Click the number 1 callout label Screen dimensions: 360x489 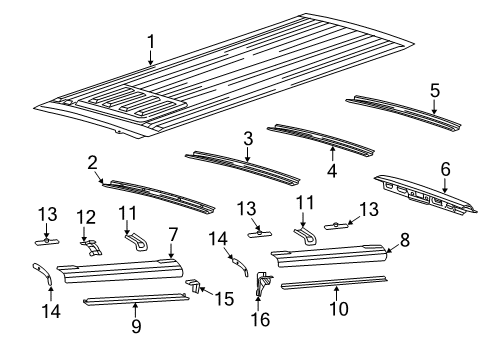(x=151, y=41)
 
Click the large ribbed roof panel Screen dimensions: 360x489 (x=230, y=85)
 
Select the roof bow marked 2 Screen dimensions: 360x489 (x=160, y=193)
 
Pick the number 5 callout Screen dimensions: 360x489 (x=434, y=90)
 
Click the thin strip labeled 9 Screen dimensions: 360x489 (x=135, y=298)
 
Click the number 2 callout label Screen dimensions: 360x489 (x=92, y=162)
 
